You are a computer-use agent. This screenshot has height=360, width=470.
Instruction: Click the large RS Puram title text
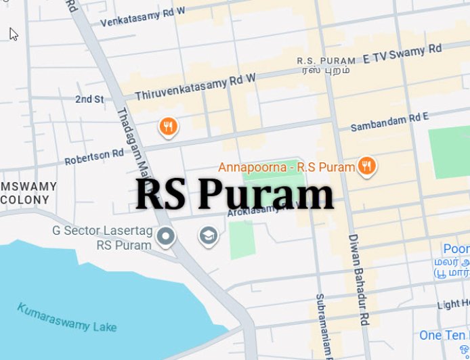[x=234, y=195]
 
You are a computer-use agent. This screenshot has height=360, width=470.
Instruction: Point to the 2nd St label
[x=89, y=99]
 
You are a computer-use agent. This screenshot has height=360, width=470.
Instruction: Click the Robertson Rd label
[x=94, y=157]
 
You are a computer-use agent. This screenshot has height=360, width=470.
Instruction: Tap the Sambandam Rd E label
[x=389, y=122]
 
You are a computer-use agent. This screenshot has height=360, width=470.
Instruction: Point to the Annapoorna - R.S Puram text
[x=286, y=166]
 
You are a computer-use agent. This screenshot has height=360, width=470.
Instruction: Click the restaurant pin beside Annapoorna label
[x=367, y=165]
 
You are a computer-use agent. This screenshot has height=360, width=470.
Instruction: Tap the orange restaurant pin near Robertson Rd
[x=169, y=126]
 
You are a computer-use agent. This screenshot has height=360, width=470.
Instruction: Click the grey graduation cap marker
[x=208, y=235]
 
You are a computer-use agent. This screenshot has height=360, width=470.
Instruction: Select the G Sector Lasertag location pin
[x=166, y=236]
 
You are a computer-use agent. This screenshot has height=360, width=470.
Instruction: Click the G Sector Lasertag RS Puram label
[x=102, y=237]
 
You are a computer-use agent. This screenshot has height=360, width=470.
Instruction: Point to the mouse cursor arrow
[x=13, y=33]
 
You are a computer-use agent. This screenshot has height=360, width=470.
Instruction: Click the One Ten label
[x=444, y=336]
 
